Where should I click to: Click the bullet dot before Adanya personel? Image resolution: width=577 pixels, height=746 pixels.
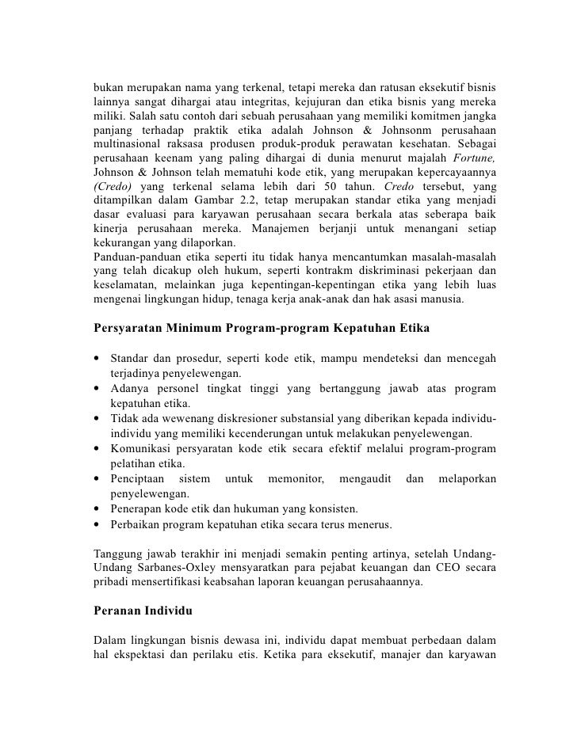point(97,389)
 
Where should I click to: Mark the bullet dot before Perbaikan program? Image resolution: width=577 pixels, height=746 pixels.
point(97,524)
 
